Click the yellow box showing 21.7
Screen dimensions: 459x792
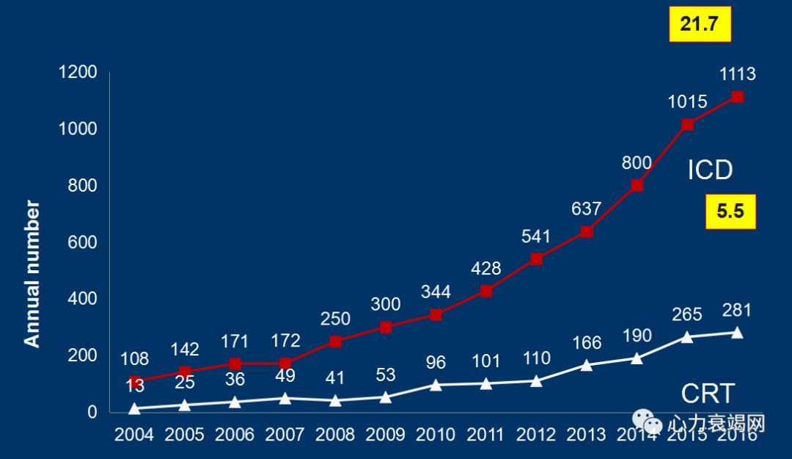click(700, 24)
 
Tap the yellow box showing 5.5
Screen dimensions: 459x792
click(730, 212)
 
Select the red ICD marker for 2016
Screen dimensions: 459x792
click(738, 97)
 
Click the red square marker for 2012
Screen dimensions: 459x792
click(536, 259)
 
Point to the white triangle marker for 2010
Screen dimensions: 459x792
click(436, 384)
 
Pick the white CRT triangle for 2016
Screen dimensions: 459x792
click(738, 333)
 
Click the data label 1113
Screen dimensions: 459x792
click(737, 74)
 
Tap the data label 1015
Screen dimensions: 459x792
click(687, 101)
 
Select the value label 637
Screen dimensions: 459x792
click(587, 209)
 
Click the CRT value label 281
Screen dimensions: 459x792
click(737, 310)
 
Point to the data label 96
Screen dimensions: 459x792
click(436, 362)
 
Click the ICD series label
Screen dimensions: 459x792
click(710, 170)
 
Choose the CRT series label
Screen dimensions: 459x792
click(708, 394)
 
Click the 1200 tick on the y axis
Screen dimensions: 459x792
click(78, 72)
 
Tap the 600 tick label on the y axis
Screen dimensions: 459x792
click(83, 242)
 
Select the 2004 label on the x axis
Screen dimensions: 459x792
click(134, 434)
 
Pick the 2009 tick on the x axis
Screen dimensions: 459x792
click(386, 434)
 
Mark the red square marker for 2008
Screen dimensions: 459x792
click(335, 341)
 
